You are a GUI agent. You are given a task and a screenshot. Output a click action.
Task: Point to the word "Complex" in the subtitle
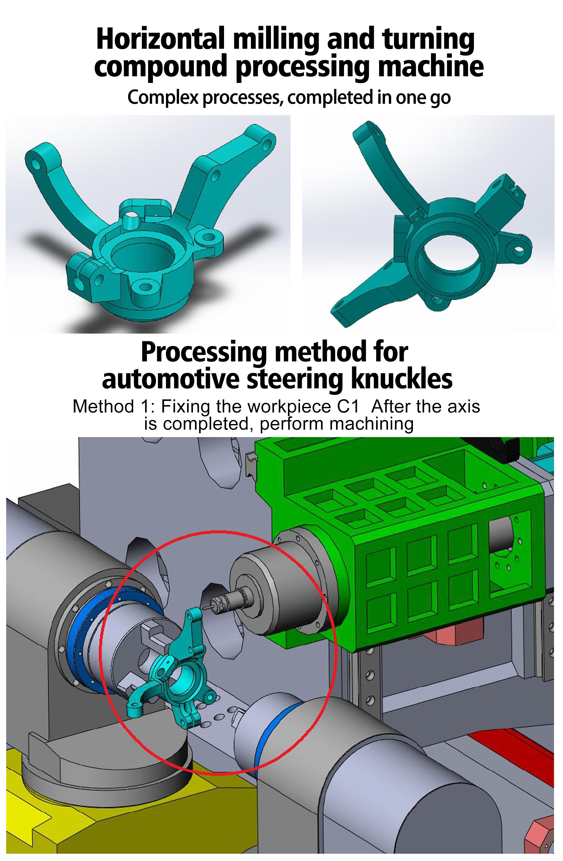pyautogui.click(x=163, y=98)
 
